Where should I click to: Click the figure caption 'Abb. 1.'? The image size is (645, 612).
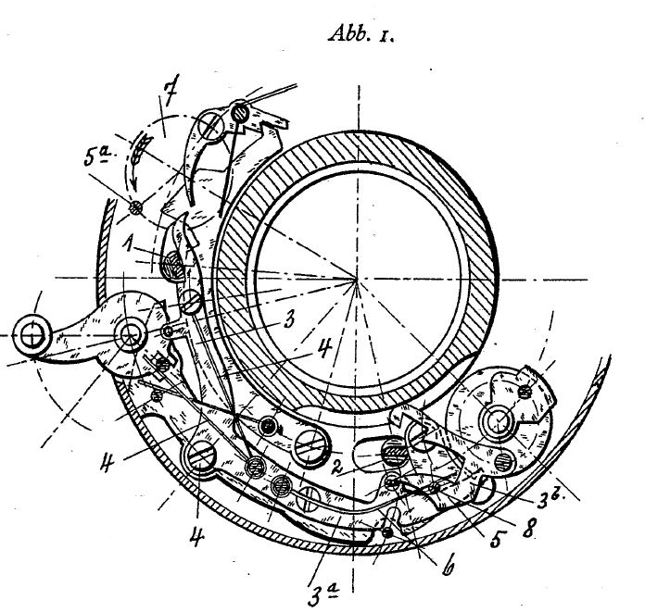point(360,33)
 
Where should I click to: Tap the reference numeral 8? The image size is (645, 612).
point(528,528)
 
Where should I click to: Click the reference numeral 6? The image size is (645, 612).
point(448,566)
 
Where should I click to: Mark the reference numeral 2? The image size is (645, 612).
point(337,468)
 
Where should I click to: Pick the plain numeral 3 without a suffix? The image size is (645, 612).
point(289,319)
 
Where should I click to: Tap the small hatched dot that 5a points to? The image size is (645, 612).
point(135,207)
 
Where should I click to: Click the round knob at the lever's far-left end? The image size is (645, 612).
point(32,335)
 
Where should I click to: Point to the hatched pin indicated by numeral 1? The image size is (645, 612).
point(176,264)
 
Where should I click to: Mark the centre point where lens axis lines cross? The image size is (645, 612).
point(357,280)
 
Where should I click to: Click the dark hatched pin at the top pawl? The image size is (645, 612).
point(240,112)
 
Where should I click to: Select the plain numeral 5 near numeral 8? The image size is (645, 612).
point(497,539)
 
